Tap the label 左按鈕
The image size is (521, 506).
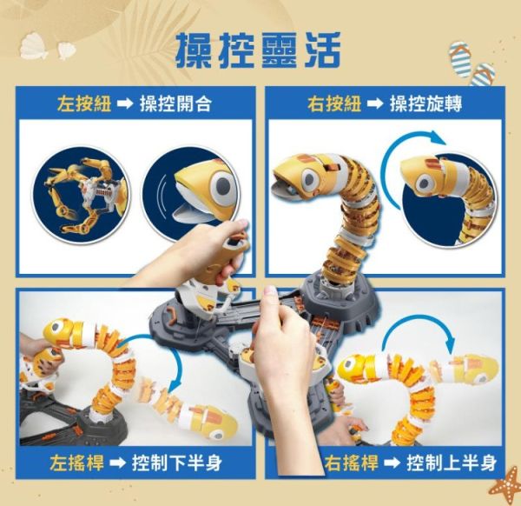pos(81,104)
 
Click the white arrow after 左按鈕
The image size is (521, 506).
pos(124,104)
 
